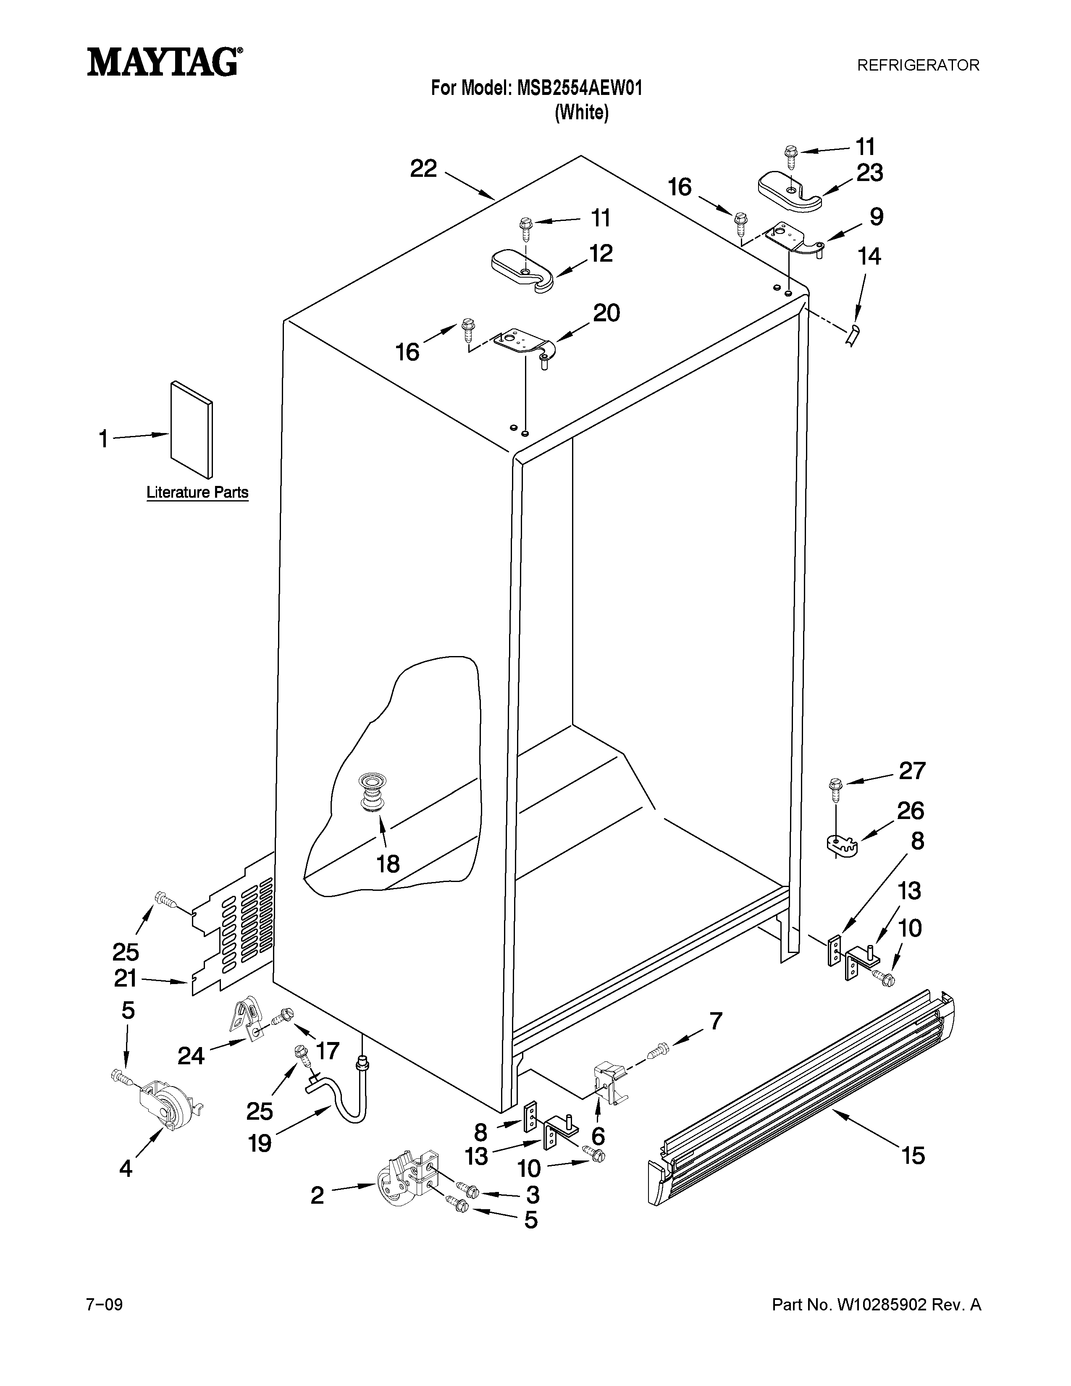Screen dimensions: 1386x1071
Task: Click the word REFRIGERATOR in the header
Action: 918,66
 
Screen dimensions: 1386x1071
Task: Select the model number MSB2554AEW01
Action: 579,88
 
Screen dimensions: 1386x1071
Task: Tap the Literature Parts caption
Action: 197,493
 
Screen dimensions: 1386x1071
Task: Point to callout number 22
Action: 423,169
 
